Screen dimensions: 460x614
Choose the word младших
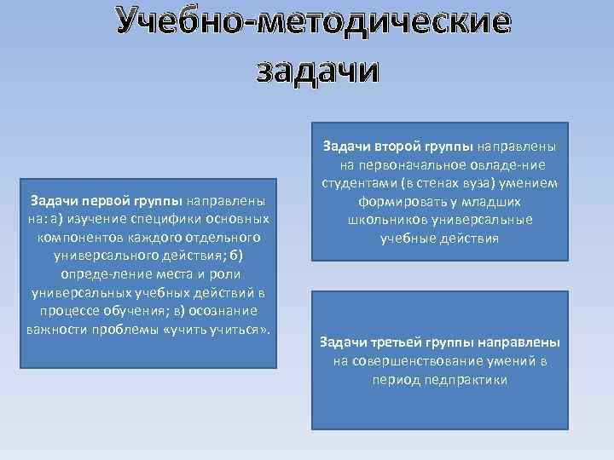tap(490, 202)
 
